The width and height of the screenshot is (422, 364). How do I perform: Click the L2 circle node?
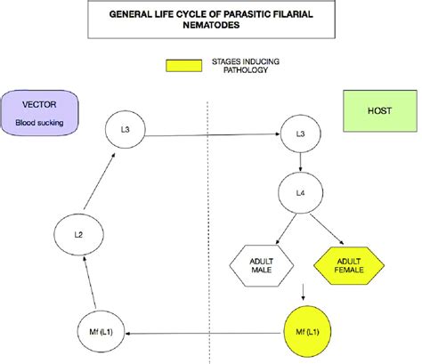(78, 235)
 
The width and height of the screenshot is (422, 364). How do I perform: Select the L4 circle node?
(300, 193)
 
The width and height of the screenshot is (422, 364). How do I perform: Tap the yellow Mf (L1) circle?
(307, 332)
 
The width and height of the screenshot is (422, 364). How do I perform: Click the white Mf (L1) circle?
(101, 331)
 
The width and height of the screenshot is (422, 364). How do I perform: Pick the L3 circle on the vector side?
(126, 129)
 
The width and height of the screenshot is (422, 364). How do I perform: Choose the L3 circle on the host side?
(300, 133)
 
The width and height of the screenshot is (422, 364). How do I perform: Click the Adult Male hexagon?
(262, 265)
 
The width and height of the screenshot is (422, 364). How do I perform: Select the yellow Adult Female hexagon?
(349, 265)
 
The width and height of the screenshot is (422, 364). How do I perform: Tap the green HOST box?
(380, 110)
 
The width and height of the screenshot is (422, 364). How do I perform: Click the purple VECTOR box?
(40, 113)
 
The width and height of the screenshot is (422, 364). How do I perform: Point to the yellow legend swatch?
(183, 66)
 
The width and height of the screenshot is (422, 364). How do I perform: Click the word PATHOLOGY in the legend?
(246, 70)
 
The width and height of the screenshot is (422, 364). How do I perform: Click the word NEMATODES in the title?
(211, 25)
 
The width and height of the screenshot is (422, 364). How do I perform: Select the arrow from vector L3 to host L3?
(213, 135)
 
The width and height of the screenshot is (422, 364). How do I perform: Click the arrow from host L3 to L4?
(300, 162)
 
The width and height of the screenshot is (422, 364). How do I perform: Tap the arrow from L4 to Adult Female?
(327, 229)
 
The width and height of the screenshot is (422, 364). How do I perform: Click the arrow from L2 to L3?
(99, 182)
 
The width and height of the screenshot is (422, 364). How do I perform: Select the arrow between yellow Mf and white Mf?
(203, 334)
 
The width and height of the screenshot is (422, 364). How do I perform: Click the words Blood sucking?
(39, 123)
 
